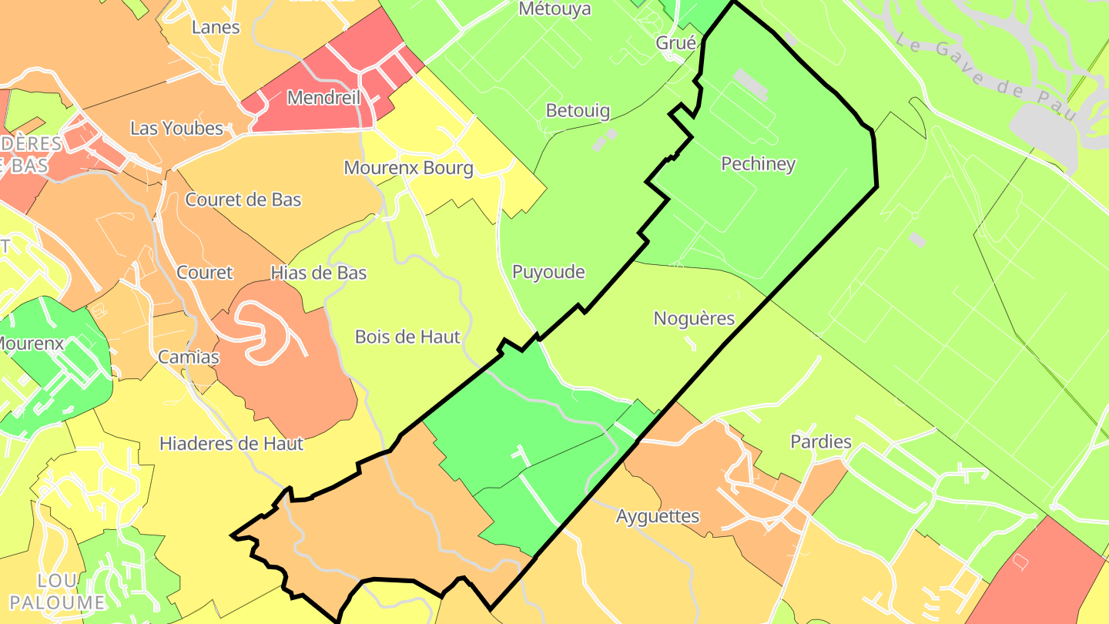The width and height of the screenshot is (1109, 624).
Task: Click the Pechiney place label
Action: (x=758, y=164)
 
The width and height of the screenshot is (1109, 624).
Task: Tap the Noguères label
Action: (x=694, y=318)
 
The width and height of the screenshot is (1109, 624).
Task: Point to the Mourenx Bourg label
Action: (x=408, y=168)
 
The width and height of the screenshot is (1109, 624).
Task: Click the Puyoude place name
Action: (x=548, y=272)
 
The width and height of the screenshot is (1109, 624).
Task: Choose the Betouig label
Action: (x=578, y=110)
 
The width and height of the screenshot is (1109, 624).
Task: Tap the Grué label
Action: (x=675, y=43)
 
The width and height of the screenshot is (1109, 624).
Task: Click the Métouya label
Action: (x=554, y=9)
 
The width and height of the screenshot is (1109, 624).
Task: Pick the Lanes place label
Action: (x=216, y=28)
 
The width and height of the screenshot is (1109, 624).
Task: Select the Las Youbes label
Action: (x=176, y=128)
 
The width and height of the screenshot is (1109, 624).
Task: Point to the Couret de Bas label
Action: (x=243, y=200)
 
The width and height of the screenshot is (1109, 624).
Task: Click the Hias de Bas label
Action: (x=318, y=273)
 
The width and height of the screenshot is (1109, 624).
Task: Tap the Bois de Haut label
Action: (x=407, y=337)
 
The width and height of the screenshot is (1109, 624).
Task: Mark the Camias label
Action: (x=189, y=357)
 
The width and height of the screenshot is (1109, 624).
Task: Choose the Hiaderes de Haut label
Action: (x=231, y=444)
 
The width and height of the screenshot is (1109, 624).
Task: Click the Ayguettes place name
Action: (x=658, y=516)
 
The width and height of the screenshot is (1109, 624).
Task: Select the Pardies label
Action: (x=821, y=441)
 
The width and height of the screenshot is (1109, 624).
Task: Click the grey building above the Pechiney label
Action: (x=751, y=86)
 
